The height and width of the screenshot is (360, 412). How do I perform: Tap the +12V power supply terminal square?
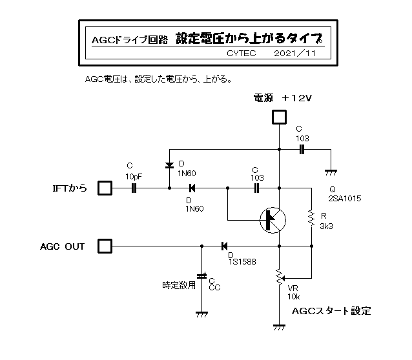click(279, 117)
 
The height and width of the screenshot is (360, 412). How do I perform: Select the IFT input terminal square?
click(105, 188)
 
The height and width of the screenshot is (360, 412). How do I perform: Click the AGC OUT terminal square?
click(105, 246)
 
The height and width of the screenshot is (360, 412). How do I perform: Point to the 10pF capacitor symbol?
click(134, 188)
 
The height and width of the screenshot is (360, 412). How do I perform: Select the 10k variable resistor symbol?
click(279, 276)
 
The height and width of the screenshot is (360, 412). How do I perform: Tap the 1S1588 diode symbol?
click(224, 246)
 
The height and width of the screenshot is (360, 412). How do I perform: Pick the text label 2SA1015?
click(345, 199)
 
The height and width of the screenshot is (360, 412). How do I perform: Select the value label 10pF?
click(134, 175)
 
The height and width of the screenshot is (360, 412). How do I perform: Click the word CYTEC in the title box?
click(242, 54)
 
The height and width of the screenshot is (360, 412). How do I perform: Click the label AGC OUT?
click(63, 246)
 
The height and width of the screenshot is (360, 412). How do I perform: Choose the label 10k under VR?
click(294, 297)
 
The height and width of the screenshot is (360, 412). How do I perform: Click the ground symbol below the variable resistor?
click(279, 327)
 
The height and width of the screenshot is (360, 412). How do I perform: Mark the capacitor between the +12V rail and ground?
click(302, 150)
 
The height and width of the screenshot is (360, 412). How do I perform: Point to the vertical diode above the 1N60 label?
click(169, 165)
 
